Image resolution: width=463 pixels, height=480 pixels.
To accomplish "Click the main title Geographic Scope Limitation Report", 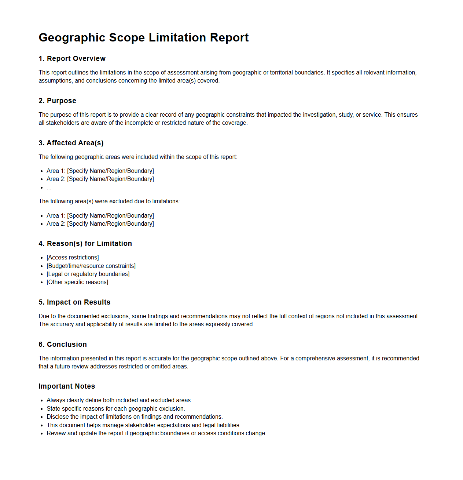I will point(143,37).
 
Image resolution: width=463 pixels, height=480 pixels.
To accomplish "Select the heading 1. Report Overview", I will point(72,59).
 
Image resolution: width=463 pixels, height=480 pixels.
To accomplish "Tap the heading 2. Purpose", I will point(57,101).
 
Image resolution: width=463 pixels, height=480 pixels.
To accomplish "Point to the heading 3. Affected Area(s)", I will point(71,143).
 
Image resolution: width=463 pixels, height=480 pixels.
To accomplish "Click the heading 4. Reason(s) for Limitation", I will point(85,244).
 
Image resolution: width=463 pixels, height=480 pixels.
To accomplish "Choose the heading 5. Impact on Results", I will point(74,302).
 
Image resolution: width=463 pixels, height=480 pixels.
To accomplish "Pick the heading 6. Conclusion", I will point(63,345).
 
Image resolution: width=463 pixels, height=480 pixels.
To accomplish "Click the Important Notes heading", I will point(67,386).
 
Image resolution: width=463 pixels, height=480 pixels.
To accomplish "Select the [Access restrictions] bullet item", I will point(73,258).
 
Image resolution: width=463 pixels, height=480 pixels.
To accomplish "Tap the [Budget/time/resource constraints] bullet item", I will point(91,266).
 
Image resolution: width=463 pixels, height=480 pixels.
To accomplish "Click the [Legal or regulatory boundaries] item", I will point(88,274).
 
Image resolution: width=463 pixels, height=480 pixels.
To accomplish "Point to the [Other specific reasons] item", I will point(77,282).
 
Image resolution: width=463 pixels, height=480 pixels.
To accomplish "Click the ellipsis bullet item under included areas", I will point(49,188).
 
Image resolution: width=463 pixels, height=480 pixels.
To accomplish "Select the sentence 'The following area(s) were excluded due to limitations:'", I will point(109,201).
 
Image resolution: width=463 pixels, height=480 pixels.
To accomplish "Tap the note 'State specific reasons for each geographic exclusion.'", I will point(116,409).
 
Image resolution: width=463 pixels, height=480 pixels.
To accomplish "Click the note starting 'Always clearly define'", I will point(119,400).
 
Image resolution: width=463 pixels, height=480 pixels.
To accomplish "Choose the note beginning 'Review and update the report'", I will point(156,433).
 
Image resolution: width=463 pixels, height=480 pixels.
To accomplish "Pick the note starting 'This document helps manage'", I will point(143,425).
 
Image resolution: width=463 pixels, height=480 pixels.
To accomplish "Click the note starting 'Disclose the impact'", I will point(135,417).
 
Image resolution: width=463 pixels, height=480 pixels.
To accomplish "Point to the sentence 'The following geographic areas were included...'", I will point(138,157).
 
